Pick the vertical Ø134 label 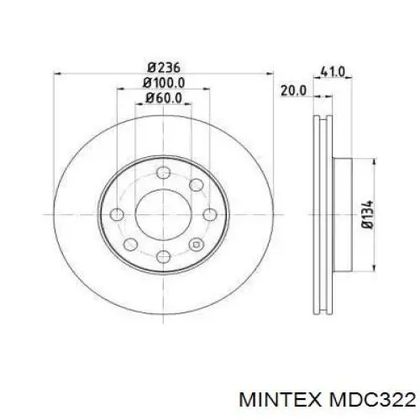[x=367, y=214]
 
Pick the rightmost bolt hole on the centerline [x=205, y=213]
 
